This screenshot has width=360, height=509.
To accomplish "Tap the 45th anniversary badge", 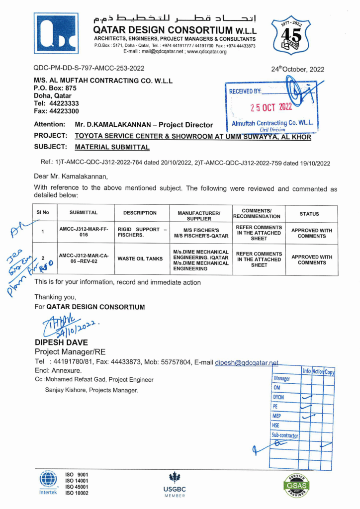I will pyautogui.click(x=290, y=35).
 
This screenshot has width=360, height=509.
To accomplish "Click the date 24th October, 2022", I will pyautogui.click(x=297, y=70).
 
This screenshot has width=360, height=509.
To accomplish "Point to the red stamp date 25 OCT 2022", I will pyautogui.click(x=271, y=107).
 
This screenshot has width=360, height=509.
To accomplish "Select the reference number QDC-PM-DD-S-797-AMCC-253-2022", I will pyautogui.click(x=89, y=69).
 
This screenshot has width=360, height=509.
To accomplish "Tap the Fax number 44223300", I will pyautogui.click(x=56, y=111).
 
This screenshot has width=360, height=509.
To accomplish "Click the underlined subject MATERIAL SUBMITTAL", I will pyautogui.click(x=112, y=147).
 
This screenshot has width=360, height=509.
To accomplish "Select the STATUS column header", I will pyautogui.click(x=309, y=213).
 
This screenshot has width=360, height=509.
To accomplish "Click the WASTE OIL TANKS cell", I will pyautogui.click(x=142, y=259).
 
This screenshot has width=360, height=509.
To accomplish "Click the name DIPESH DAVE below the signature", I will pyautogui.click(x=61, y=342).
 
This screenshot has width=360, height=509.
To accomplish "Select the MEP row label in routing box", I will pyautogui.click(x=277, y=416).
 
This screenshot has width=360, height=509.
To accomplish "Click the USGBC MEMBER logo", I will pyautogui.click(x=175, y=483).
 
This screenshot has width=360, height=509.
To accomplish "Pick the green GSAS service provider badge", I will pyautogui.click(x=296, y=485).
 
